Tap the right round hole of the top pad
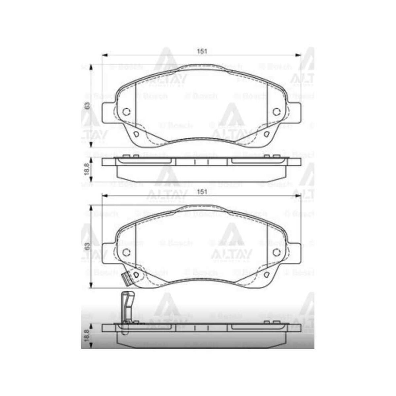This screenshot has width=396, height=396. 277,112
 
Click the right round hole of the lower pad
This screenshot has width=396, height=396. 277,252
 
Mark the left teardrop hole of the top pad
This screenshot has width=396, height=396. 135,134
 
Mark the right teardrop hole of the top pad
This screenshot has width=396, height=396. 267,134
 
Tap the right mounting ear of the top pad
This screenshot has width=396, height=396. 294,113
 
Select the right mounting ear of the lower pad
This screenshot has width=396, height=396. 294,253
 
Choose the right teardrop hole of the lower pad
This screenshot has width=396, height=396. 267,275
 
